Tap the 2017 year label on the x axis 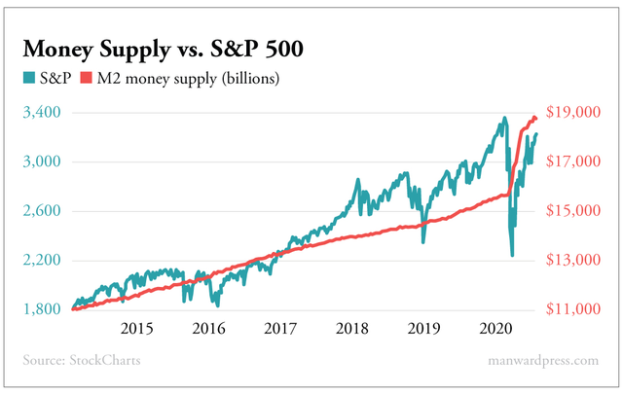click(x=279, y=329)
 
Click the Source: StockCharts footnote click(x=81, y=361)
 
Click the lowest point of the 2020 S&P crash click(x=512, y=256)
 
